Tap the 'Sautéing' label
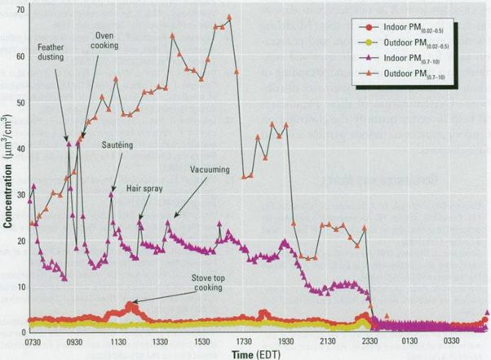point(118,144)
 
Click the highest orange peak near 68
point(230,17)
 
